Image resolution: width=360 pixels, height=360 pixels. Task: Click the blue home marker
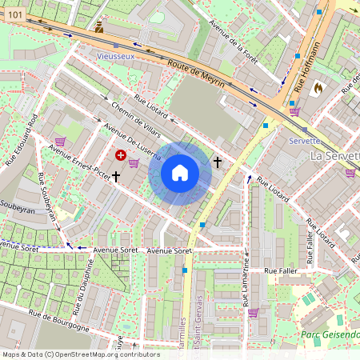click(179, 172)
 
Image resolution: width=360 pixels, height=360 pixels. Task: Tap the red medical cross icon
click(120, 154)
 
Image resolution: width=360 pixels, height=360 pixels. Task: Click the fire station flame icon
click(318, 87)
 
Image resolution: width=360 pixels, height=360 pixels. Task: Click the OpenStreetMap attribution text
click(80, 354)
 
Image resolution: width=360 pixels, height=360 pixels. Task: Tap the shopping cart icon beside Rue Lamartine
click(254, 313)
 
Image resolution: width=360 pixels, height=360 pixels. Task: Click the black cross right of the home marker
click(218, 162)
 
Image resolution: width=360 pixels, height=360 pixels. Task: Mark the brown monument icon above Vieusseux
click(98, 27)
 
